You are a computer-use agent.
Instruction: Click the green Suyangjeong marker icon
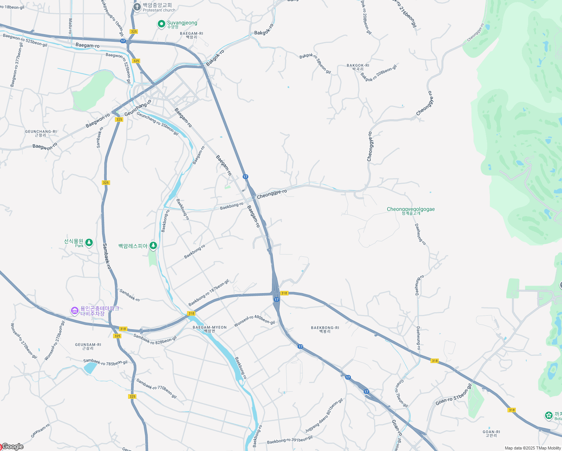coord(162,24)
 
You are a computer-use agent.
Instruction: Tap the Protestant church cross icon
coord(137,7)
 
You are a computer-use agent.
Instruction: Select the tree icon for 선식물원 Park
coord(89,242)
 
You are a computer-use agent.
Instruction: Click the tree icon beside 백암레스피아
coord(153,246)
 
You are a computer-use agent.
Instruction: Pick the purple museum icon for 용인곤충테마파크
coord(75,311)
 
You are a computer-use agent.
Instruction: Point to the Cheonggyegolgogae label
coord(411,210)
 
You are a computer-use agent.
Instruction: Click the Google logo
coord(12,446)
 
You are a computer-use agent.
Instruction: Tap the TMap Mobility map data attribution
coord(532,448)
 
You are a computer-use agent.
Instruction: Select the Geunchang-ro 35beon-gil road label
coord(157,123)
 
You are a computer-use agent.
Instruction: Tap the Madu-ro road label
coord(70,26)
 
